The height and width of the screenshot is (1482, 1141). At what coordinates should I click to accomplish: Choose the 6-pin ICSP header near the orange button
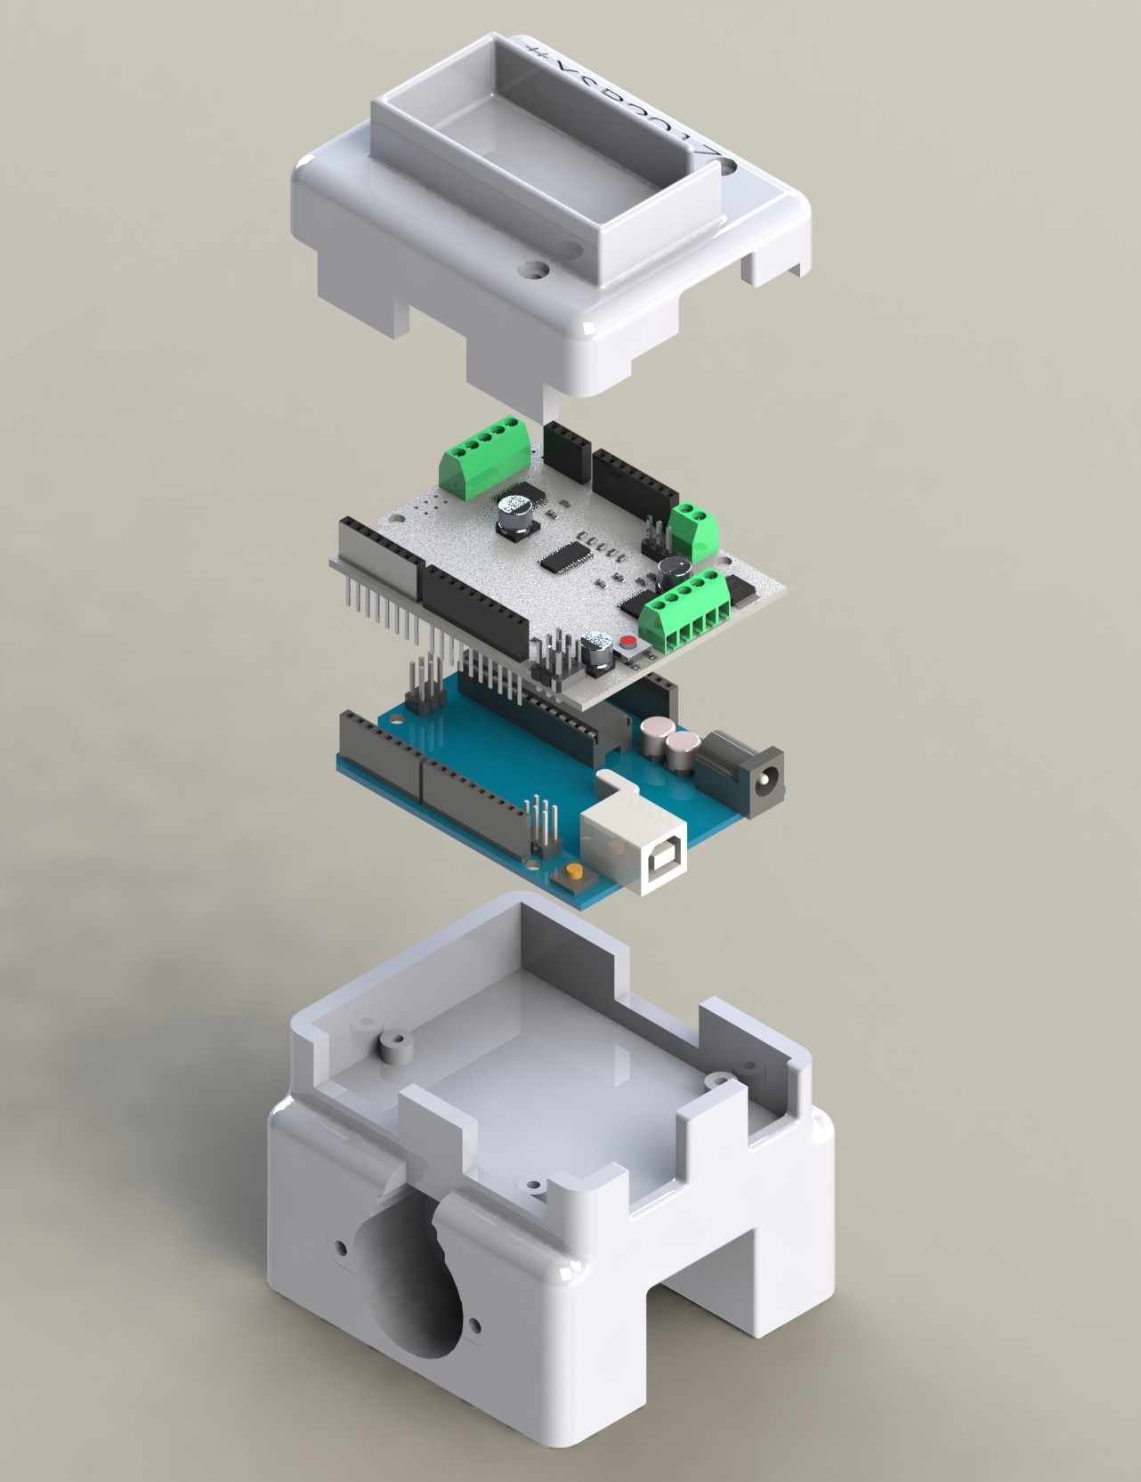coord(542,828)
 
